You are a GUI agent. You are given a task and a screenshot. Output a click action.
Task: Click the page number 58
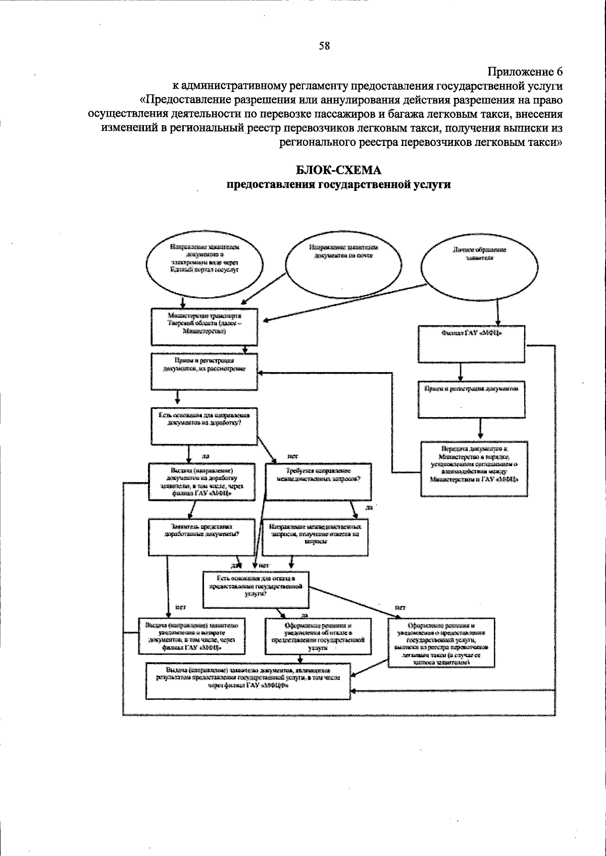324,46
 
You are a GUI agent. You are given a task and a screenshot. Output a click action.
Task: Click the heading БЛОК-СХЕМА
338,170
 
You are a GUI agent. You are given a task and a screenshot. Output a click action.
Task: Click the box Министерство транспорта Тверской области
205,326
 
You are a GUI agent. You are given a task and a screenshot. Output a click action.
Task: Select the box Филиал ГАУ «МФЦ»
471,343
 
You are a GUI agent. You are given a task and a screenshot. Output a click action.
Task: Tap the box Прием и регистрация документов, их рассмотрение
205,371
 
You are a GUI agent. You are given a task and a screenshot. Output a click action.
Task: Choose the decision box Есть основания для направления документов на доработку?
205,426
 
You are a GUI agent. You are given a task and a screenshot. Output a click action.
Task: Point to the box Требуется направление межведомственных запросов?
318,481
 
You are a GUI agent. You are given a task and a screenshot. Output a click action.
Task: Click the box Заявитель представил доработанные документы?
201,537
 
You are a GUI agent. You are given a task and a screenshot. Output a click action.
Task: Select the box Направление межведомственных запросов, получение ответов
316,537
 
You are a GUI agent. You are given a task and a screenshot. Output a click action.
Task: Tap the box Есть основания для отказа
256,589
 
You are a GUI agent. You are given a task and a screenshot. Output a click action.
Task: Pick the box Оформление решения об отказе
318,636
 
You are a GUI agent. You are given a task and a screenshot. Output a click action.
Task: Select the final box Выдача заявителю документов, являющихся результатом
247,681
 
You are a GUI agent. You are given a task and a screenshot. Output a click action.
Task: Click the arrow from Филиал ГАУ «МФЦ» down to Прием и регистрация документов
460,371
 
